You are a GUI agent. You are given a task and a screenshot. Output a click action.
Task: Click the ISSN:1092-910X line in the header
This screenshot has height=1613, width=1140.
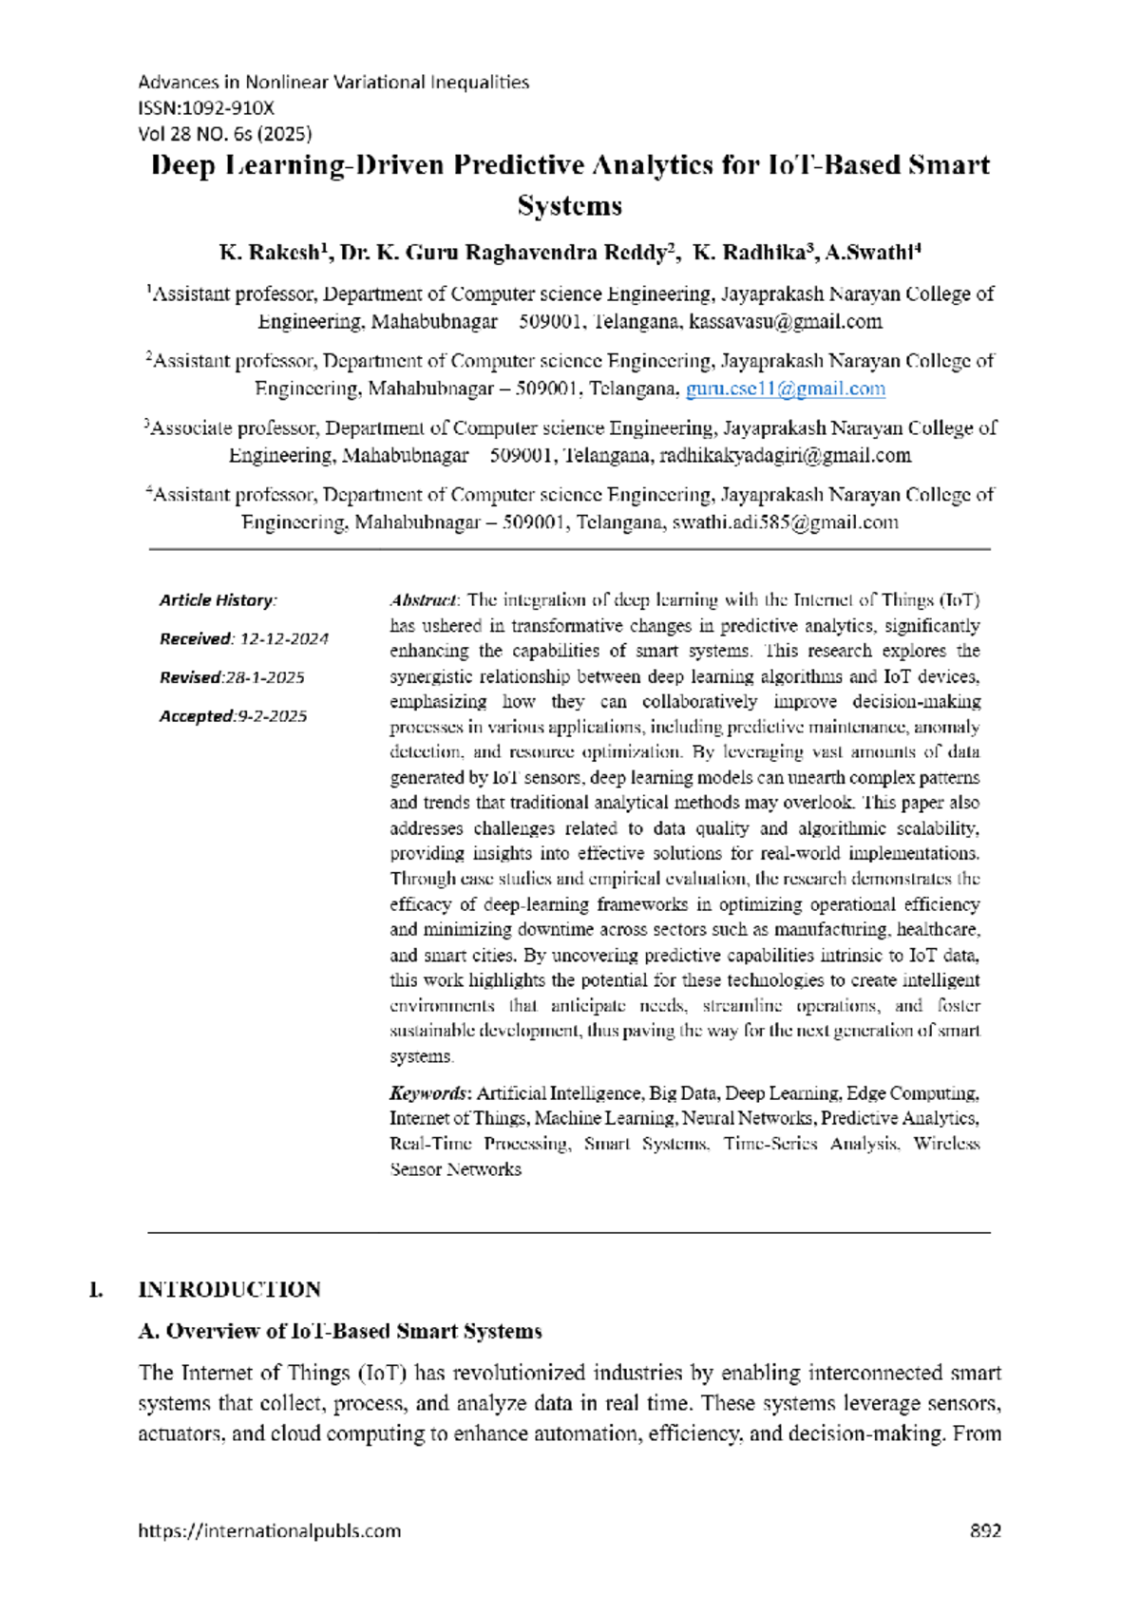coord(206,108)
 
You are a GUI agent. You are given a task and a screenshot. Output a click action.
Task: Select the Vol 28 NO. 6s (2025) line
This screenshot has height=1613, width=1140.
coord(225,134)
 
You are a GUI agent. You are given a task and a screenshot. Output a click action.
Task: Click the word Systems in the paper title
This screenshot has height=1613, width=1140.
coord(569,206)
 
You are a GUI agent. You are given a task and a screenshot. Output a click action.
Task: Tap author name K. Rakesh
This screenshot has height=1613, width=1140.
coord(270,253)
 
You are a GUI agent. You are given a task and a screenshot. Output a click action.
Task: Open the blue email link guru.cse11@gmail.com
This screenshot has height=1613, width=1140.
coord(785,389)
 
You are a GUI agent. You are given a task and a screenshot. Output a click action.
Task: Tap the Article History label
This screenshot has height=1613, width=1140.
coord(218,600)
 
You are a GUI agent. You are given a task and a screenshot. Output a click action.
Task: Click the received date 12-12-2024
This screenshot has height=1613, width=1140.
coord(283,639)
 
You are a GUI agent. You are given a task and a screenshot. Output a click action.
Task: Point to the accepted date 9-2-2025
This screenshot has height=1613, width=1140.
coord(272,716)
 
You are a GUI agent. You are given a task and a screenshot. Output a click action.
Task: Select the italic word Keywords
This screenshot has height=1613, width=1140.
coord(429,1093)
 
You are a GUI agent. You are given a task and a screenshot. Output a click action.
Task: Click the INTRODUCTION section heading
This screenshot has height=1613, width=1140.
coord(229,1290)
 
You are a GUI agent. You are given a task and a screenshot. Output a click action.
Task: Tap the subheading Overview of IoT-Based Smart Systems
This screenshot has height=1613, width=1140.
coord(340,1332)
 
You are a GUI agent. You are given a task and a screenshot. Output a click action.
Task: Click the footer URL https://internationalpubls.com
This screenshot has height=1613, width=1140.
coord(269,1531)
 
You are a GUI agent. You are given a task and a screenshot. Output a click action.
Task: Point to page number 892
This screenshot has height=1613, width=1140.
coord(984,1531)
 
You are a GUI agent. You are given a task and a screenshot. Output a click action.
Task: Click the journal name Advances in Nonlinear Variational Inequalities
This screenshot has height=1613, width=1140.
coord(333,83)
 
